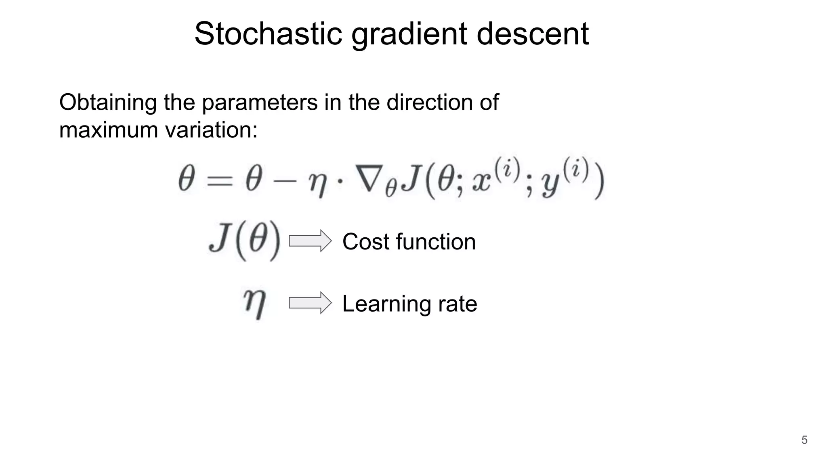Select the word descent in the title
click(533, 34)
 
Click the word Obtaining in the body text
click(108, 103)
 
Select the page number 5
click(804, 440)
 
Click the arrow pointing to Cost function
click(310, 241)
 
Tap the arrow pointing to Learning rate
click(310, 303)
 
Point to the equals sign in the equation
click(220, 180)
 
